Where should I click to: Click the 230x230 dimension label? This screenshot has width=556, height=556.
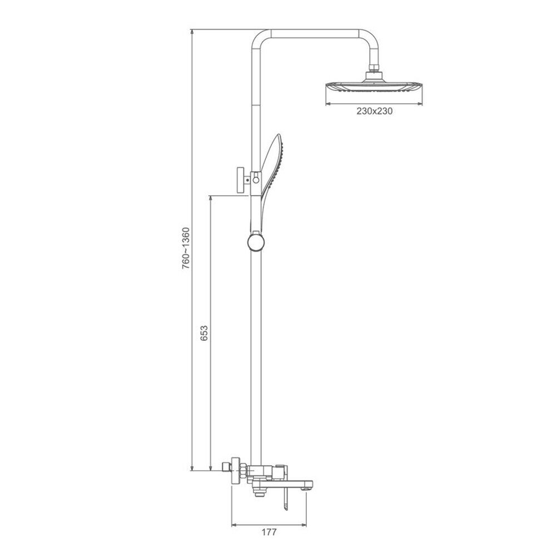click(374, 111)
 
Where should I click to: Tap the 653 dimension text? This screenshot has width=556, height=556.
click(204, 333)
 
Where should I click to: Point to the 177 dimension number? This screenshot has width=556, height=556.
click(269, 532)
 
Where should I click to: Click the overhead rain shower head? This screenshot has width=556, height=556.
click(374, 87)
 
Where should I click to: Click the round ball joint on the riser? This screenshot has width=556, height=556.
click(256, 242)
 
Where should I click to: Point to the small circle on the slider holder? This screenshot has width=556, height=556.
click(256, 180)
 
